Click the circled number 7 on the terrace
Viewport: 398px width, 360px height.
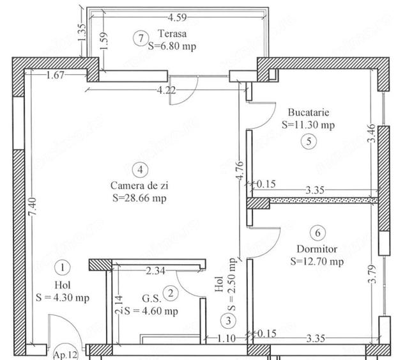(140, 38)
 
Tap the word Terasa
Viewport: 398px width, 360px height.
(172, 33)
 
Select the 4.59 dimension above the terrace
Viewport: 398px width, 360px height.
(177, 17)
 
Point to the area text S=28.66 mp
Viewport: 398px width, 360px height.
(139, 198)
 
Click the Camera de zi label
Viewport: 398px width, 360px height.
(139, 185)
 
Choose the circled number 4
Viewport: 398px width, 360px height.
(140, 169)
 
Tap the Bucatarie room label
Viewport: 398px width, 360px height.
(309, 113)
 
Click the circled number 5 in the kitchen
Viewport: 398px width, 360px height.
(309, 141)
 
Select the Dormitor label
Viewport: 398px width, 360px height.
(317, 249)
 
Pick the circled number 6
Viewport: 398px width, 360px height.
(318, 233)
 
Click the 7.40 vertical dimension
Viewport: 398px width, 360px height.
(33, 207)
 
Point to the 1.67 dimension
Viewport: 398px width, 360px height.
(56, 75)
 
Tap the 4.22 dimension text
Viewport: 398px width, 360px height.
(166, 90)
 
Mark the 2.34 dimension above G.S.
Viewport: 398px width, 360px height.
(155, 271)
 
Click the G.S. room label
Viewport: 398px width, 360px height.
(151, 299)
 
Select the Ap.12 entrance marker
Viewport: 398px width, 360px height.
(66, 354)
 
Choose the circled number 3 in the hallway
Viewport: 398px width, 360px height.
(228, 321)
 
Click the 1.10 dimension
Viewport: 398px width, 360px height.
(226, 338)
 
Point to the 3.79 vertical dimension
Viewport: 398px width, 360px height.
(372, 274)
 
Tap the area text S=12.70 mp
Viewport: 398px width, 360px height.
(317, 262)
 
